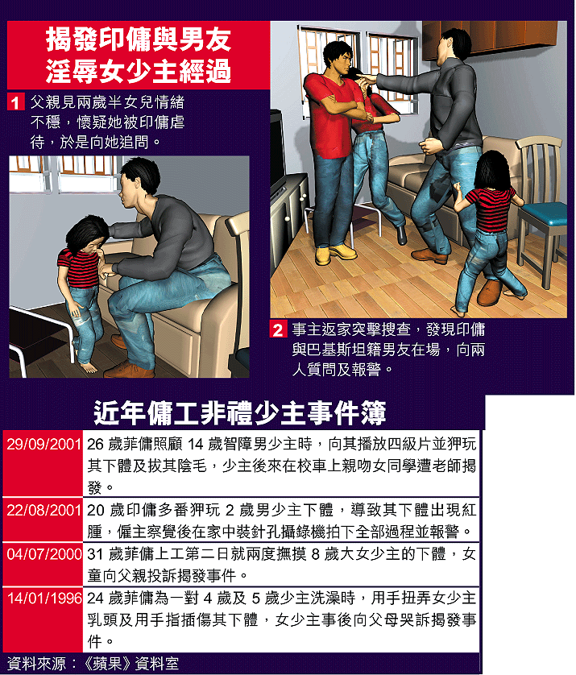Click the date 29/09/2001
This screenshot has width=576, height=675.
click(x=44, y=445)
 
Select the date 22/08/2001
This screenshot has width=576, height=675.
click(x=44, y=510)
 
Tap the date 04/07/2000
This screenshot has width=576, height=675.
click(x=44, y=554)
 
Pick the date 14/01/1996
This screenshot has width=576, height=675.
click(x=44, y=598)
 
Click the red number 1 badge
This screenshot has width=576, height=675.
click(x=15, y=102)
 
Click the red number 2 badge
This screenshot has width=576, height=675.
click(x=278, y=329)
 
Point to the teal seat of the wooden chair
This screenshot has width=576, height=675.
click(x=544, y=213)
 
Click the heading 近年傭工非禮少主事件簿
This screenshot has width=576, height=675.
click(x=240, y=413)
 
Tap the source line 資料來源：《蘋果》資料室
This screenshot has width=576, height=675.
click(x=93, y=664)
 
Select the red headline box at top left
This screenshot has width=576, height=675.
click(x=139, y=55)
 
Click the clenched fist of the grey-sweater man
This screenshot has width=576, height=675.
click(x=428, y=147)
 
